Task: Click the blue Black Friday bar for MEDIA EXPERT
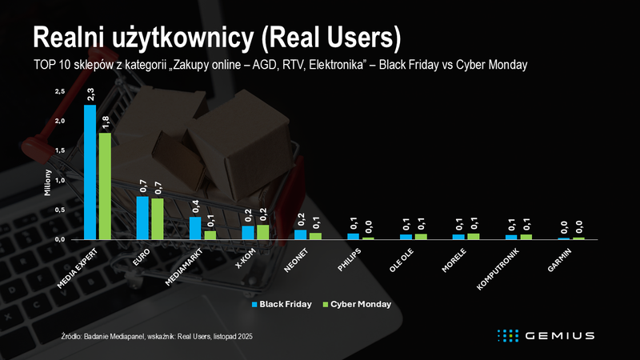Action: (90, 172)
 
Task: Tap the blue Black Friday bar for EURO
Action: (142, 218)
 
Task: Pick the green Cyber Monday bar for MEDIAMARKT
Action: (210, 235)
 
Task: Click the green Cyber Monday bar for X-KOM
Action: (262, 232)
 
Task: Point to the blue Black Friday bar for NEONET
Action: (300, 234)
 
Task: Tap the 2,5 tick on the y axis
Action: (60, 92)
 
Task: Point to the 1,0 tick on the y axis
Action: (60, 180)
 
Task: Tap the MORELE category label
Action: (454, 259)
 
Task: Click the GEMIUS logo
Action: (544, 334)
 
